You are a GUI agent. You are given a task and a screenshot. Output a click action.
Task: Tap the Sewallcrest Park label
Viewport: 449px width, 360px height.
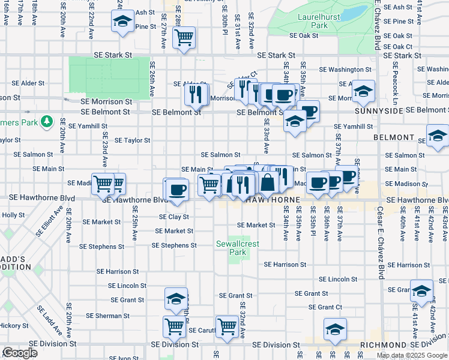(231, 248)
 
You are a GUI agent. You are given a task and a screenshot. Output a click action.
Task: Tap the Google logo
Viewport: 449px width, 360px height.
(20, 353)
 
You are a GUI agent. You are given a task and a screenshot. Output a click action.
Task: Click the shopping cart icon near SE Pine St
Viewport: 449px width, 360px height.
(184, 38)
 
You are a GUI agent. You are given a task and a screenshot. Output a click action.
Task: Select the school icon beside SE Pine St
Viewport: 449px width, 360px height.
(122, 22)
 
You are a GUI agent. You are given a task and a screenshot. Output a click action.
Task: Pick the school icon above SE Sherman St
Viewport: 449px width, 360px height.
(175, 298)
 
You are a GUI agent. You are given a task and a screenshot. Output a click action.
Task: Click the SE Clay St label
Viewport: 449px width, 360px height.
(174, 217)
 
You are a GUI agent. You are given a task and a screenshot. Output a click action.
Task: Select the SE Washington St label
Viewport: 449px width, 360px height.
(346, 70)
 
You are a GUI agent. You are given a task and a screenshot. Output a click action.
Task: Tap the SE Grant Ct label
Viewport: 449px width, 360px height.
(330, 307)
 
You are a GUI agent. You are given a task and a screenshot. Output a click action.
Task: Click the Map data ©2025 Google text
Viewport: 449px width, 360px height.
(412, 355)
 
